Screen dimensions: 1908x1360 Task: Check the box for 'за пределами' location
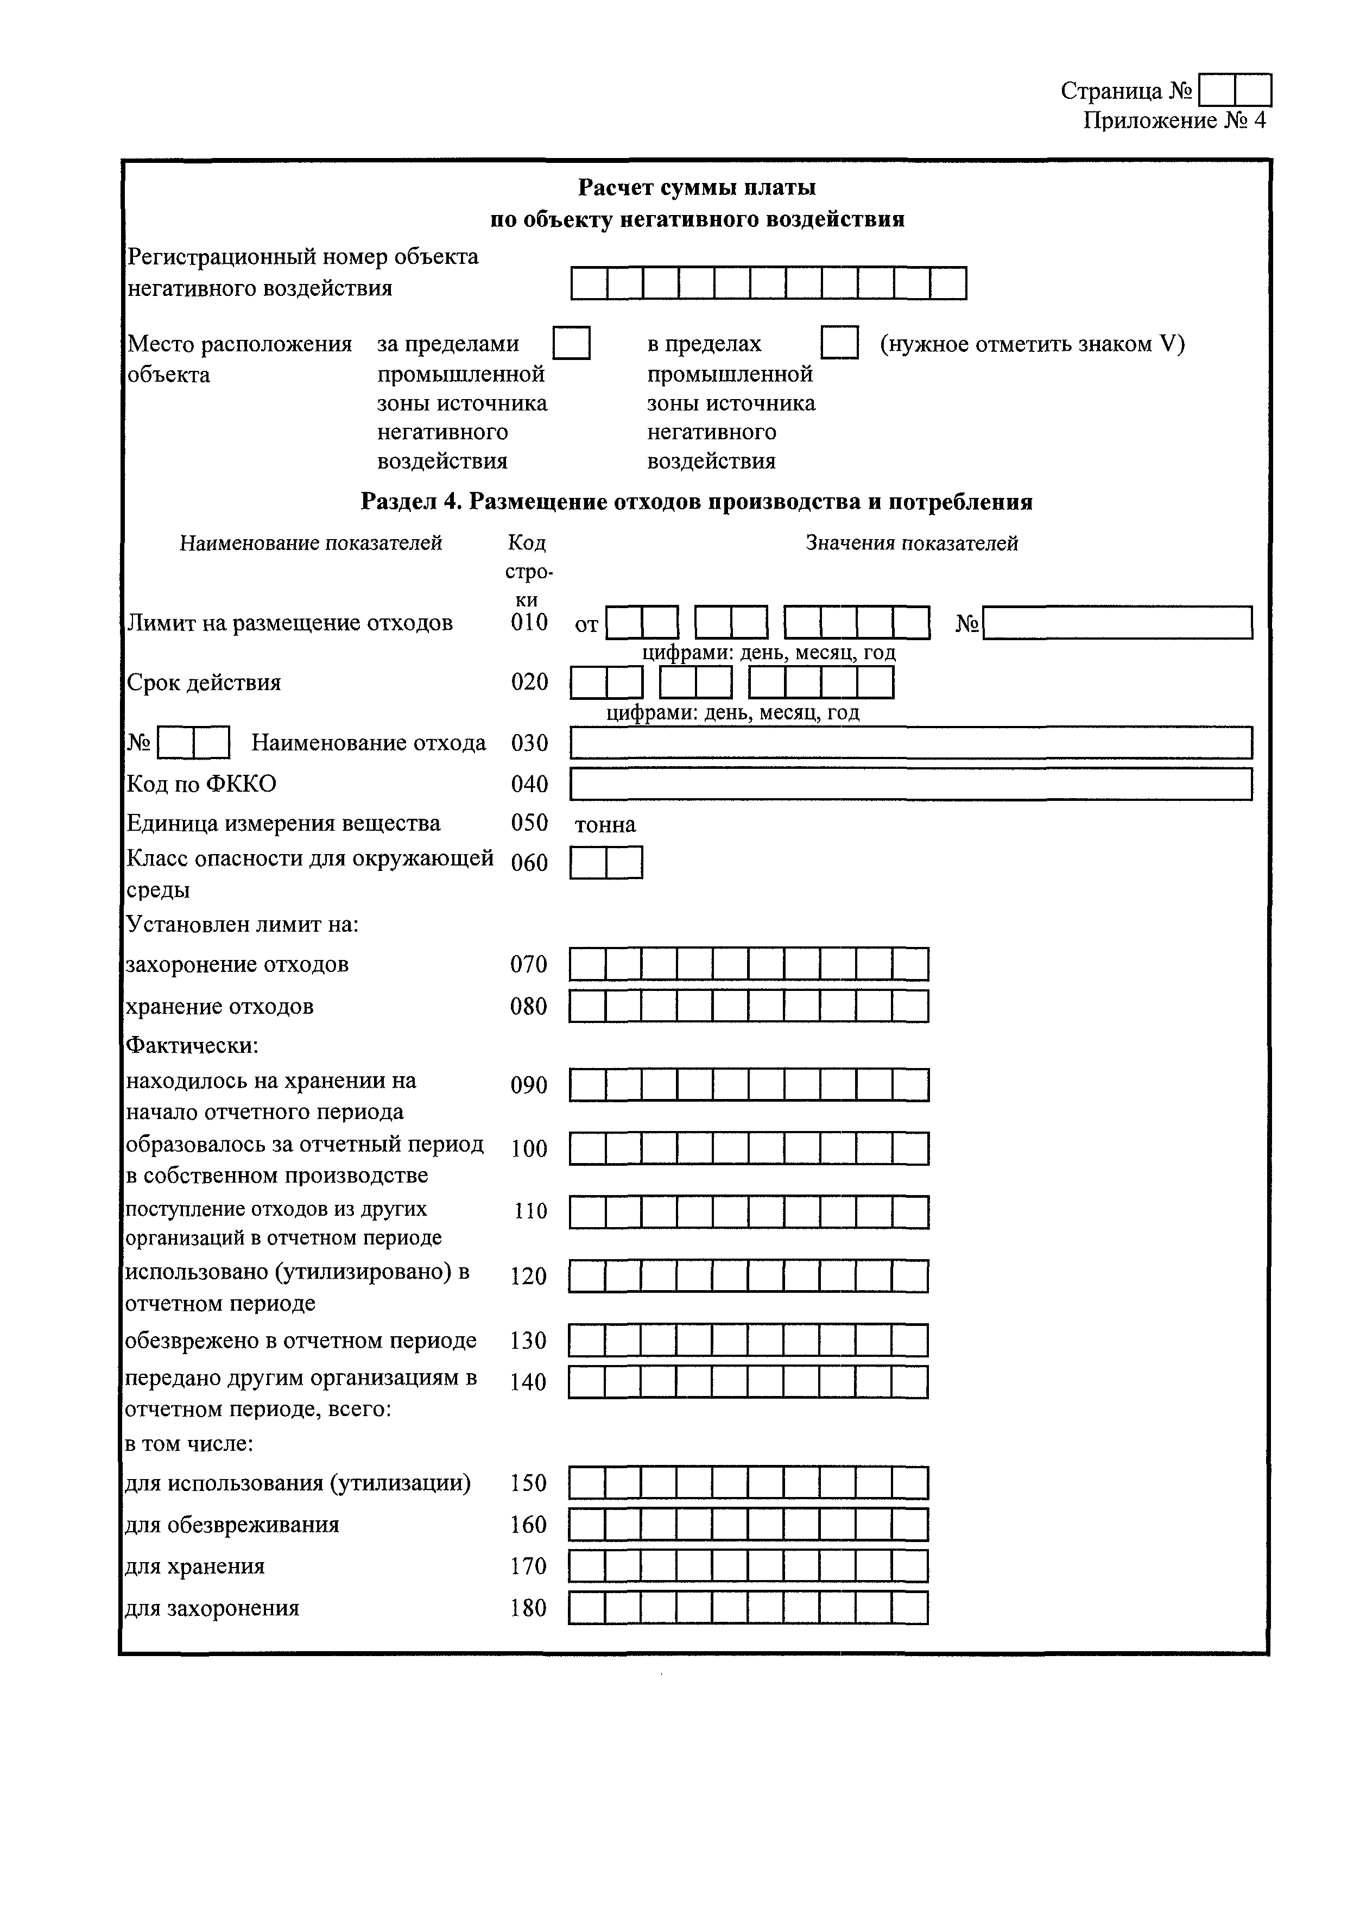tap(572, 343)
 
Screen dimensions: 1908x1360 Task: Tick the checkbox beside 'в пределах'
tap(839, 343)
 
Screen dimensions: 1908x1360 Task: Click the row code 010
tap(529, 622)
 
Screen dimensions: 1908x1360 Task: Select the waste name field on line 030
tap(910, 743)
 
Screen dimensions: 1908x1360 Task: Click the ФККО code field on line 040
tap(910, 784)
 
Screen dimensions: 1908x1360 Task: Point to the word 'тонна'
tap(605, 825)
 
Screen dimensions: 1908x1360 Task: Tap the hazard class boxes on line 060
tap(606, 862)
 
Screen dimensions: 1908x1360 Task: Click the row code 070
tap(528, 964)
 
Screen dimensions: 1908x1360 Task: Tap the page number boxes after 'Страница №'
tap(1235, 90)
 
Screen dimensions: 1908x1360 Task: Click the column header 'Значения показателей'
tap(911, 543)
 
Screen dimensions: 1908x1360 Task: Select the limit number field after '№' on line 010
tap(1117, 622)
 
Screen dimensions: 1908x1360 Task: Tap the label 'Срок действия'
tap(204, 682)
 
